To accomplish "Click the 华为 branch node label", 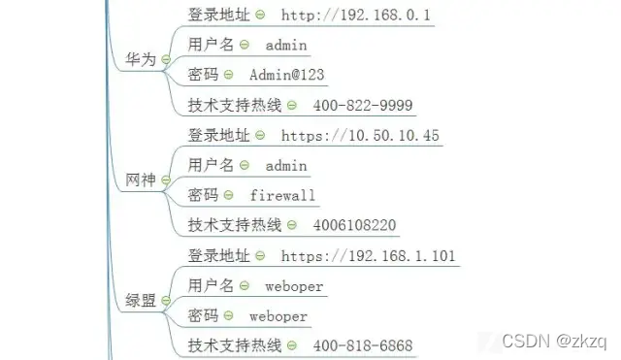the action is click(x=141, y=59).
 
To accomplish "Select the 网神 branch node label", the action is click(x=141, y=180).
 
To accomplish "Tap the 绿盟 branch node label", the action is click(x=141, y=300).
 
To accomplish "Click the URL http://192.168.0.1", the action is click(x=356, y=15).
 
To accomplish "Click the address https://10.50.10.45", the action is click(x=360, y=135).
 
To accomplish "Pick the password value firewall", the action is click(x=282, y=195).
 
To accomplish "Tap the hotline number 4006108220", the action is click(x=355, y=225).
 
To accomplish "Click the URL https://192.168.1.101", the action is click(x=369, y=256).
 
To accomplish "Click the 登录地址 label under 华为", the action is click(x=219, y=15).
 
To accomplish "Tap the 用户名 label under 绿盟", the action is click(x=212, y=286).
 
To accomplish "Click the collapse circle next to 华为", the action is click(x=166, y=60).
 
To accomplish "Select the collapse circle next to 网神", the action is click(x=166, y=180).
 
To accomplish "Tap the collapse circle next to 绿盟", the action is click(x=166, y=301).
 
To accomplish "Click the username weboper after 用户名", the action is click(x=294, y=286).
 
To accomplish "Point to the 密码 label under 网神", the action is click(x=204, y=195).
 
